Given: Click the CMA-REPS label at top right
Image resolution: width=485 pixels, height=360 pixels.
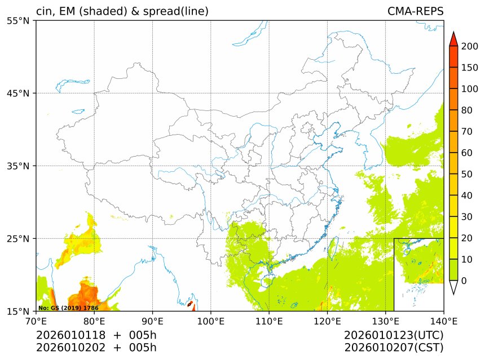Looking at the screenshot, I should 415,11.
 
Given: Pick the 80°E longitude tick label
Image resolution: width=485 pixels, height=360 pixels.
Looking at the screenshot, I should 94,322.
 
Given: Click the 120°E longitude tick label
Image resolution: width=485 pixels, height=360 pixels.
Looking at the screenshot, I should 327,322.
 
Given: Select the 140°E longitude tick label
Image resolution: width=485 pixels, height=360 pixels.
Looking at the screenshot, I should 443,322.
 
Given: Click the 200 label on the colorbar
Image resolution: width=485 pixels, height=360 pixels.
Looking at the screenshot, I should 469,47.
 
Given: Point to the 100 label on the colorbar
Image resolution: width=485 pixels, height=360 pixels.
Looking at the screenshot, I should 469,89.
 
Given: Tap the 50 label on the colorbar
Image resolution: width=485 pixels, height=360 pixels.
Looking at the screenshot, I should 467,174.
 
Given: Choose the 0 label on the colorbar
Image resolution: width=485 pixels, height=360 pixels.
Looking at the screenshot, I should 464,281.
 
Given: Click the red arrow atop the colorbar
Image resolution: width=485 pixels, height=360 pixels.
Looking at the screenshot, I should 453,37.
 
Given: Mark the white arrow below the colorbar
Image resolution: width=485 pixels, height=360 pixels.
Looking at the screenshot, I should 453,287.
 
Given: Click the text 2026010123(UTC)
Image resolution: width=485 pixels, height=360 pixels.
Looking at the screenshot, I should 394,335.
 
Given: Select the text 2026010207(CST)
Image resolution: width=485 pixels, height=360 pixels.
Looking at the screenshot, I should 394,348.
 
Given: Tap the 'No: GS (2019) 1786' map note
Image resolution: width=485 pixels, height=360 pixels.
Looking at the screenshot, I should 68,308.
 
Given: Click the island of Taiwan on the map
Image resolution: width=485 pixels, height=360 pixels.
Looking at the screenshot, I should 332,246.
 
